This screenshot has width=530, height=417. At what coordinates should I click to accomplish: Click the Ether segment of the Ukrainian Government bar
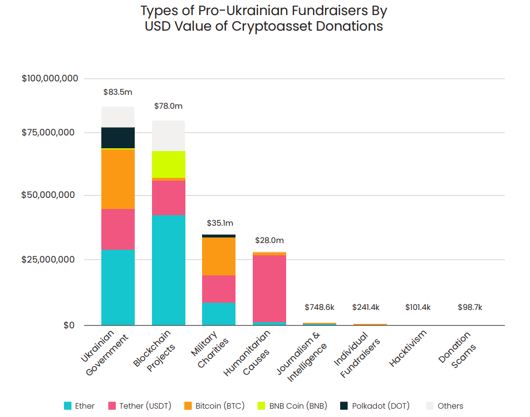tap(117, 287)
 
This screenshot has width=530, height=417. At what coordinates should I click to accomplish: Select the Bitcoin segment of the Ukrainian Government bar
tap(117, 179)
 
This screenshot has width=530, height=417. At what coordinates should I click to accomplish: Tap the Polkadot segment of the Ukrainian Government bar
tap(117, 138)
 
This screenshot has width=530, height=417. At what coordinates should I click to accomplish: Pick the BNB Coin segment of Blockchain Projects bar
tap(168, 164)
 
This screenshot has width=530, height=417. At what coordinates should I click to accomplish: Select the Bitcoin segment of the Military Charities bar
tap(219, 256)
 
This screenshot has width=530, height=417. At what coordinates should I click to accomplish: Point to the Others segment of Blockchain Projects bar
tap(168, 135)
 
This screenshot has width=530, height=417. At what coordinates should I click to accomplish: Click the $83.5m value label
tap(117, 91)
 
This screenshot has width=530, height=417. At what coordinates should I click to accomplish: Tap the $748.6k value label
tap(320, 307)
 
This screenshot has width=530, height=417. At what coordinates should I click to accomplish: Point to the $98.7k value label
tap(470, 307)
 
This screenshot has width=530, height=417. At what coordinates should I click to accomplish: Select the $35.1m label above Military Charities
tap(219, 223)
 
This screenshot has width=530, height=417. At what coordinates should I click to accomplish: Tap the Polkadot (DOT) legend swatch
tap(344, 406)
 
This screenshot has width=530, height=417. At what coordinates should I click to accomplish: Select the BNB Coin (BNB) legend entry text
tap(298, 406)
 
